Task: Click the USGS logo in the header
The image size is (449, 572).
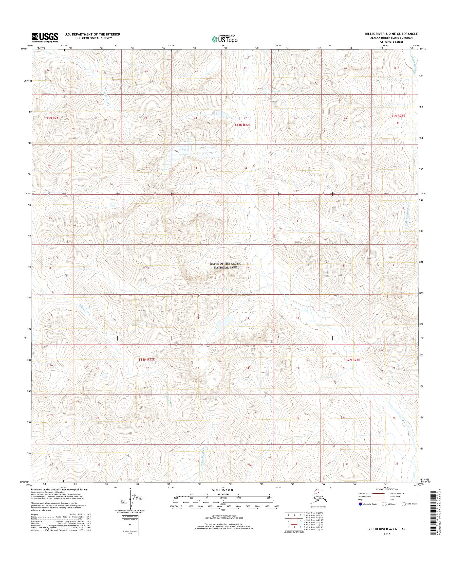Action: pyautogui.click(x=45, y=37)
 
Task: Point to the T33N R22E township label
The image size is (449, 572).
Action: pyautogui.click(x=242, y=125)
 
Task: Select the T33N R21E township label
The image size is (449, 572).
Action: pyautogui.click(x=52, y=118)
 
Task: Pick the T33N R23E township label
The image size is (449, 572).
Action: pyautogui.click(x=398, y=116)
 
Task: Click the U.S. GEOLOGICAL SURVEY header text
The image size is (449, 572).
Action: pyautogui.click(x=97, y=38)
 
